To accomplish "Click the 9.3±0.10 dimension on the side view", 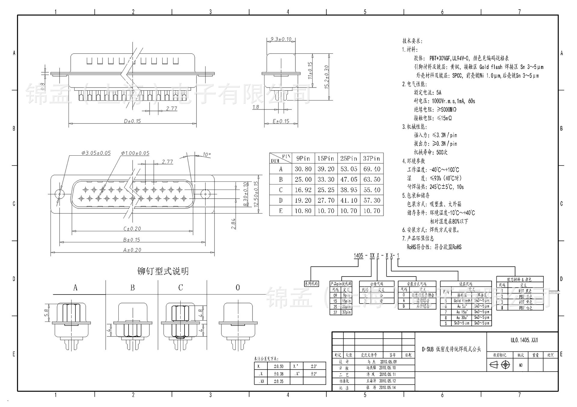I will click(281, 39).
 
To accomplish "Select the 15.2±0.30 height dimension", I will click(327, 77).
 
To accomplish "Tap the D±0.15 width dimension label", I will click(132, 121).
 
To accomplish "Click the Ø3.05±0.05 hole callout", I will click(96, 153).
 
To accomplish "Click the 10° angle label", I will click(206, 154).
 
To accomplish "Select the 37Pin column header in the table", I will click(371, 158).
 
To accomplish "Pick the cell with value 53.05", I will click(349, 169).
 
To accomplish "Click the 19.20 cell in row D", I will click(303, 200).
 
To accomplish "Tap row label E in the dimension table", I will click(281, 211).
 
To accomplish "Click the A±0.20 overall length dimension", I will click(132, 250).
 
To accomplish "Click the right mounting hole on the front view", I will click(205, 194).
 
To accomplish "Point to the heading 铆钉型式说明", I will click(163, 271).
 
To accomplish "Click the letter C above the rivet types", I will click(180, 288).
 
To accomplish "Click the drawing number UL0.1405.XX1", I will click(524, 340).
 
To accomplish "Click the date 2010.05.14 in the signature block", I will click(387, 387).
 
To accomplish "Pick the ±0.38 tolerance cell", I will click(278, 374).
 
